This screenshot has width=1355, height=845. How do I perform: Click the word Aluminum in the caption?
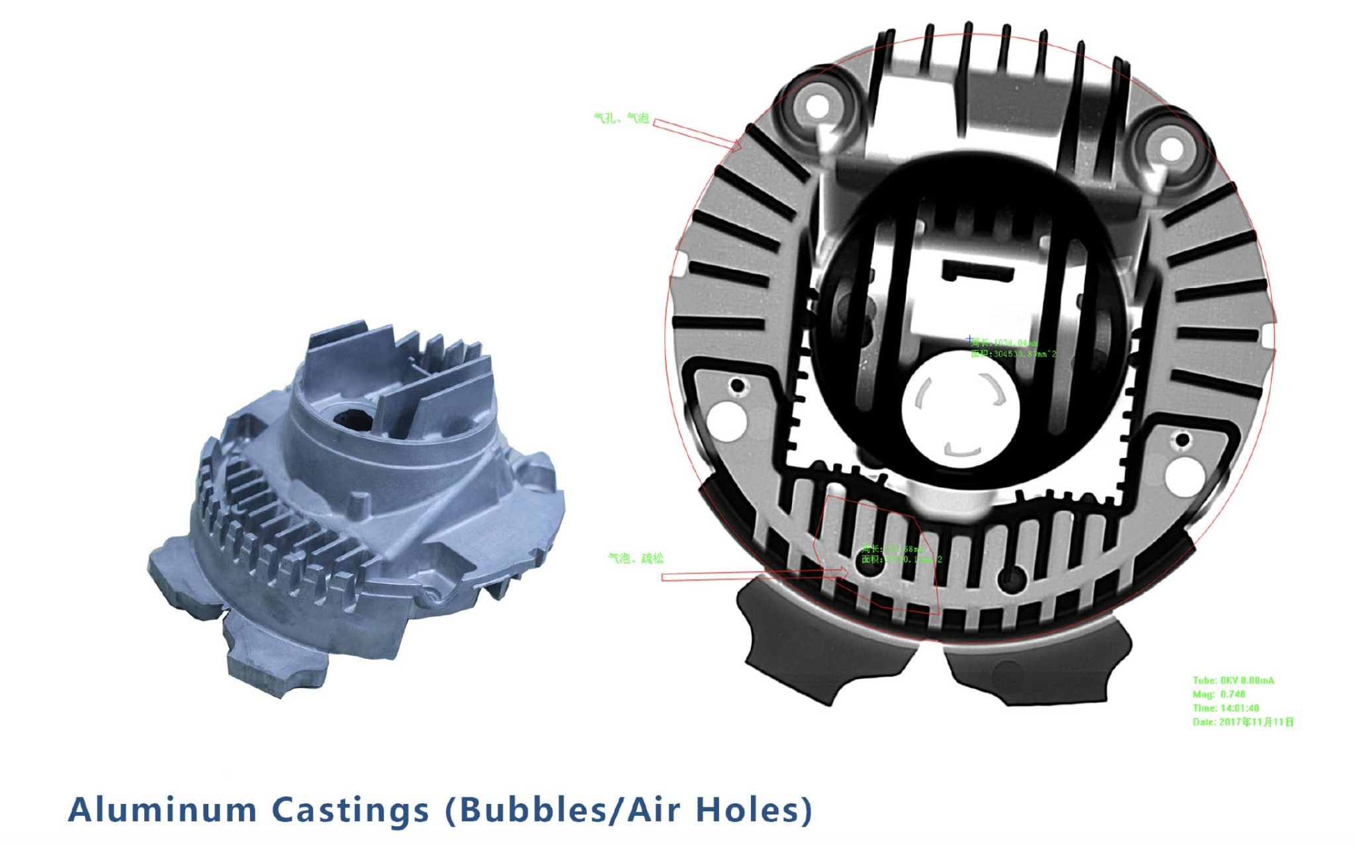pos(163,810)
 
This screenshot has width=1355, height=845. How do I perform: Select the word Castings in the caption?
pos(351,810)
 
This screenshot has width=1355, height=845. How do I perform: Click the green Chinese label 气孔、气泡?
pos(621,118)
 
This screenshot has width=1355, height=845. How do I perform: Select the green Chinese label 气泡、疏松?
pos(635,558)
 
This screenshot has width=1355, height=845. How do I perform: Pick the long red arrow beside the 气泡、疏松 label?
pos(754,576)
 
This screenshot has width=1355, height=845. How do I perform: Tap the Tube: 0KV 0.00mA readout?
pos(1233,680)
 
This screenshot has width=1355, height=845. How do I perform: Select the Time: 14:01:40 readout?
pos(1225,708)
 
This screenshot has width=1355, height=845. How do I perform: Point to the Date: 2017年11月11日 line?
pos(1243,722)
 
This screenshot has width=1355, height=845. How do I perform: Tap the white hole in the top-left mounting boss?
pos(818,105)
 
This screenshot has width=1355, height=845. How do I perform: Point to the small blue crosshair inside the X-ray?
pos(970,339)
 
